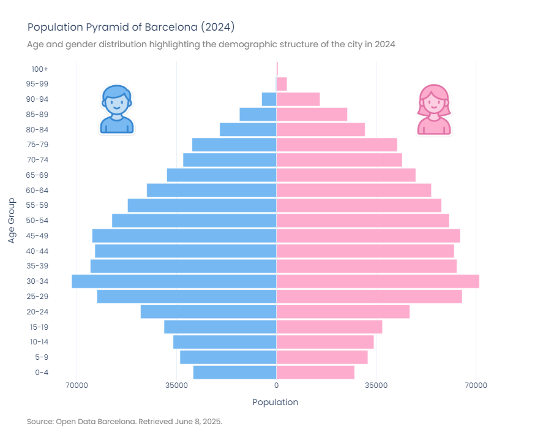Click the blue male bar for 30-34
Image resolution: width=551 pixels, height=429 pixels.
click(174, 281)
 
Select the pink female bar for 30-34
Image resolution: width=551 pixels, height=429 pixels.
click(377, 281)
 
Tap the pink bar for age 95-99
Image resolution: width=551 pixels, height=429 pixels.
click(282, 84)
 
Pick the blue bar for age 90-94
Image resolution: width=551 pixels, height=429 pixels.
click(269, 99)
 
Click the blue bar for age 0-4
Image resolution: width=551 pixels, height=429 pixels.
click(234, 373)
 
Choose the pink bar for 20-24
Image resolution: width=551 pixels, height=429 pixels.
click(343, 312)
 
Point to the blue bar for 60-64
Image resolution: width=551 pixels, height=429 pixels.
click(211, 191)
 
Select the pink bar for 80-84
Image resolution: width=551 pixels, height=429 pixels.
click(320, 130)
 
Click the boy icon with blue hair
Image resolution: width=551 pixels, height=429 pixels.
click(116, 110)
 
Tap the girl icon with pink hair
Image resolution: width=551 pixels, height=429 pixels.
click(434, 110)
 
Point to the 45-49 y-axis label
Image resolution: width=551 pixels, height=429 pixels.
click(37, 236)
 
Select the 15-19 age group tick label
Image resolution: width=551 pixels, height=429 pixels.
click(37, 327)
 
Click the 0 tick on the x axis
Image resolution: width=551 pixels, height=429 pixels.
click(276, 385)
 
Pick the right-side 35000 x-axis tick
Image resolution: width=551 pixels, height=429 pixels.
click(376, 385)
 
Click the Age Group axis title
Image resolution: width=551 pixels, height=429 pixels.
click(12, 221)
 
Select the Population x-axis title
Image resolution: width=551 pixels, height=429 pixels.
click(275, 402)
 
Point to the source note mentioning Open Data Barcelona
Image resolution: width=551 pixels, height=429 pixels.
click(124, 422)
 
